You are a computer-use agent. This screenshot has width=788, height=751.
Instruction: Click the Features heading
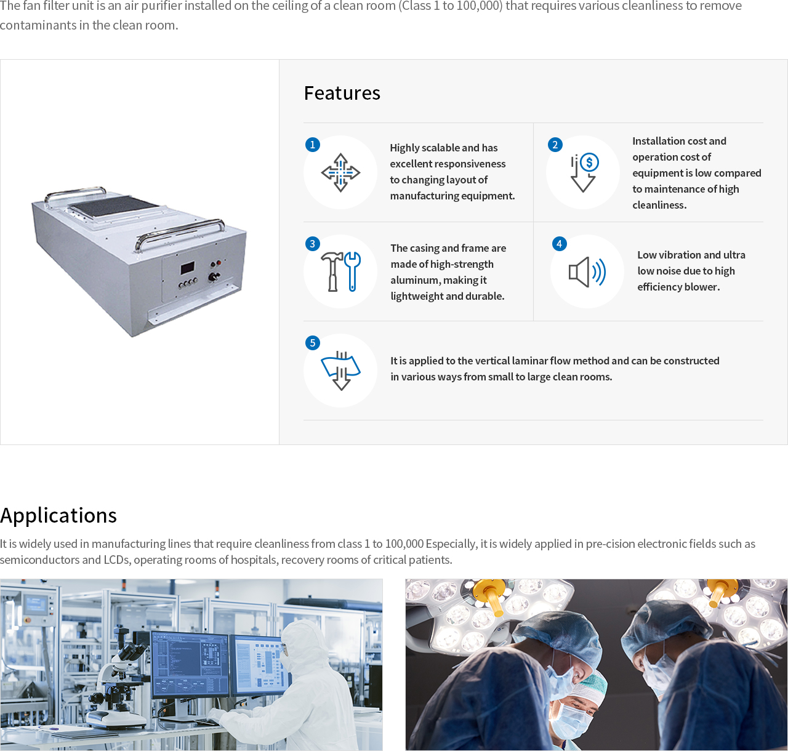point(342,93)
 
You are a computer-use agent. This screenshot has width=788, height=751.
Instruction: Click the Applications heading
point(58,515)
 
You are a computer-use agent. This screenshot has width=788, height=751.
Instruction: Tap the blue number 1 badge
point(313,144)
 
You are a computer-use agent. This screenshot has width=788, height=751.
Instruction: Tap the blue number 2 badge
point(555,144)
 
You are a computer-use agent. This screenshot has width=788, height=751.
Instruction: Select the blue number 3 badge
point(313,244)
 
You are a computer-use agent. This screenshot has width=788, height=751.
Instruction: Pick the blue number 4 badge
point(560,244)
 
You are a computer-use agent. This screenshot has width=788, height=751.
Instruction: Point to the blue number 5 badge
point(313,343)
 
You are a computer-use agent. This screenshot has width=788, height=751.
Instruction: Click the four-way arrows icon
point(340,173)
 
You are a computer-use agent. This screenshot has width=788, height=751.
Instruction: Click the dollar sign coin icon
point(589,163)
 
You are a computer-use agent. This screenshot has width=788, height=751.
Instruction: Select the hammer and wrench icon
point(340,271)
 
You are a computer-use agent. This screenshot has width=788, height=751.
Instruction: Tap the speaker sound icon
point(587,272)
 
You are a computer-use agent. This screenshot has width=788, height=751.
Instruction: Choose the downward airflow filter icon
point(340,371)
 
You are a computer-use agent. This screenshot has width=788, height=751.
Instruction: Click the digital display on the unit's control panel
point(187,267)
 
